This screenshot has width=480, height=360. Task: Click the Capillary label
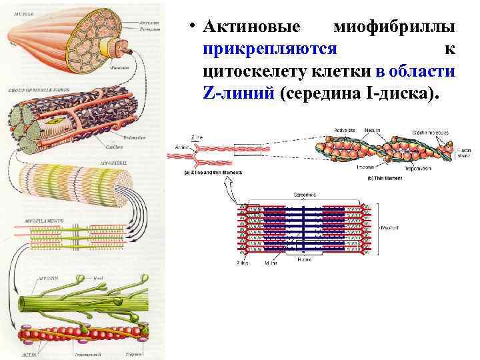click(x=114, y=147)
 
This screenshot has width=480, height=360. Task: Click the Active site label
click(x=342, y=131)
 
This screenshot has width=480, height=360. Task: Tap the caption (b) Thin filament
click(x=385, y=178)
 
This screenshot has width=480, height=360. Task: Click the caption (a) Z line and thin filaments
click(x=213, y=173)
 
